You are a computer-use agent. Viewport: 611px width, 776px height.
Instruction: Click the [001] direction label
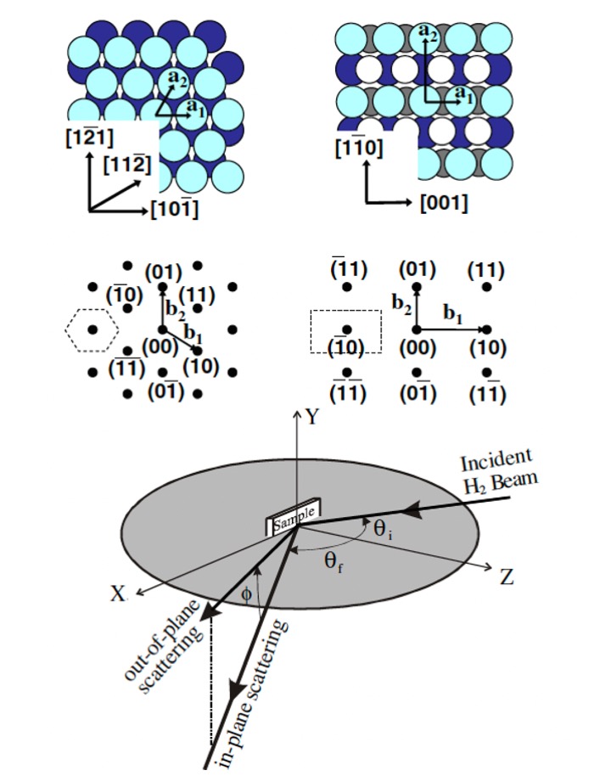[x=443, y=203]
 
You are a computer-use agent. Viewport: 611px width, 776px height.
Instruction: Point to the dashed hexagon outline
[x=93, y=328]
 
